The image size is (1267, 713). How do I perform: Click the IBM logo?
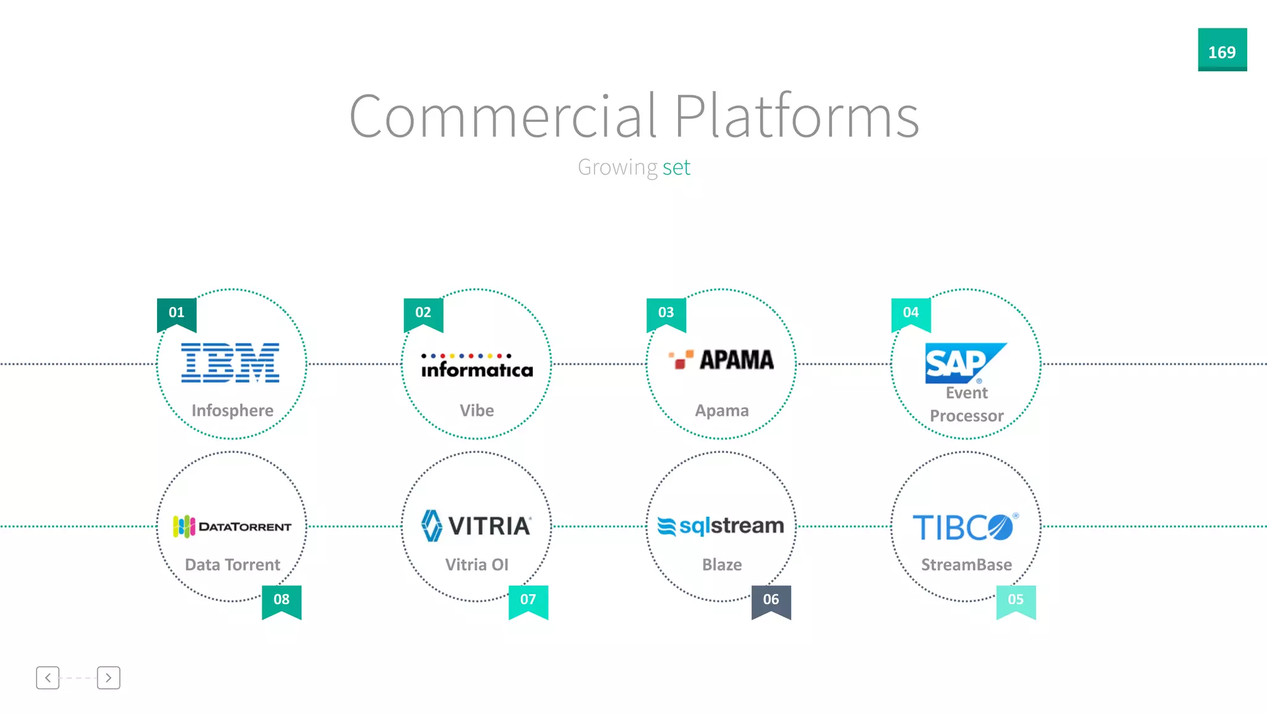(230, 363)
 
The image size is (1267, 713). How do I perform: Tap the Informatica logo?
(476, 366)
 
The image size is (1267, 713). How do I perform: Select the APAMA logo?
(721, 360)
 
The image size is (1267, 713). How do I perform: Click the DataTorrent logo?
(232, 527)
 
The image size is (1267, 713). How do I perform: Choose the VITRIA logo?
(476, 526)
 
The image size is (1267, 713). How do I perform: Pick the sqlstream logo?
(721, 526)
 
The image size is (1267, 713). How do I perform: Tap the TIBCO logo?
(964, 527)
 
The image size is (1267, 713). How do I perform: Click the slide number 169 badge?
(1222, 50)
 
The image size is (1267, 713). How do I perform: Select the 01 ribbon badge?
(177, 313)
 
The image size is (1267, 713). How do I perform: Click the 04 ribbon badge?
(911, 313)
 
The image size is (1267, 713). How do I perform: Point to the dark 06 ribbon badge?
(771, 600)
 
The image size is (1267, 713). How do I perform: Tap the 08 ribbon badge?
(281, 600)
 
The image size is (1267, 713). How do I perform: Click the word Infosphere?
(233, 410)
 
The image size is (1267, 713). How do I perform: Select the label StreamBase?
(966, 564)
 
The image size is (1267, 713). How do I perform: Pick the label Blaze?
(722, 564)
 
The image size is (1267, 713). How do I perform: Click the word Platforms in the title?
(797, 116)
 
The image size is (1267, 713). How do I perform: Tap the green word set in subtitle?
(676, 167)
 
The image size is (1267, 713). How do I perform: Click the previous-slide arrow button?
(48, 678)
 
